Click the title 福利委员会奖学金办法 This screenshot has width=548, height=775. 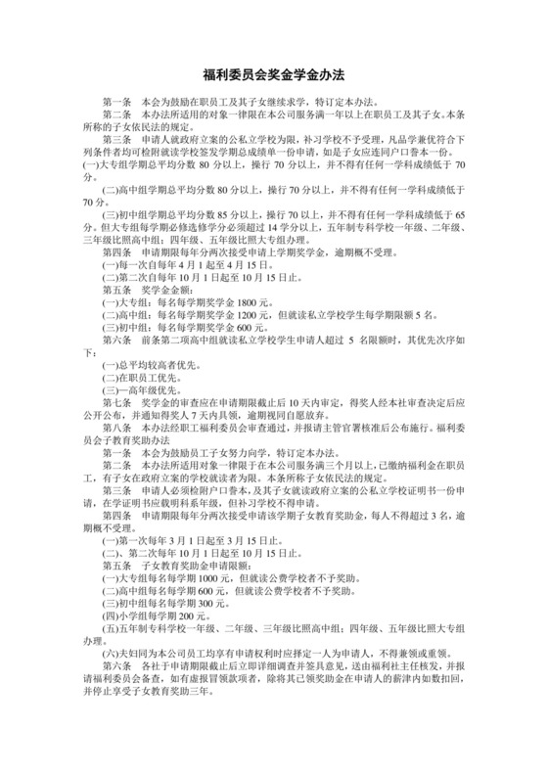click(x=273, y=73)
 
